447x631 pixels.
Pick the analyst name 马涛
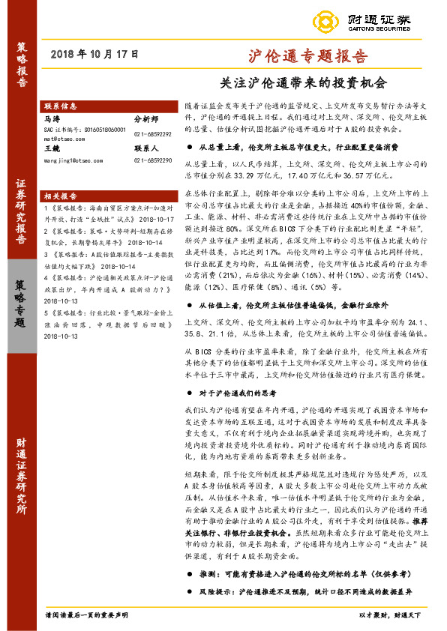point(52,118)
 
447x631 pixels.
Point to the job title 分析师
point(146,118)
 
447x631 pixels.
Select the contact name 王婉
point(52,149)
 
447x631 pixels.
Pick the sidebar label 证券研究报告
point(21,218)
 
